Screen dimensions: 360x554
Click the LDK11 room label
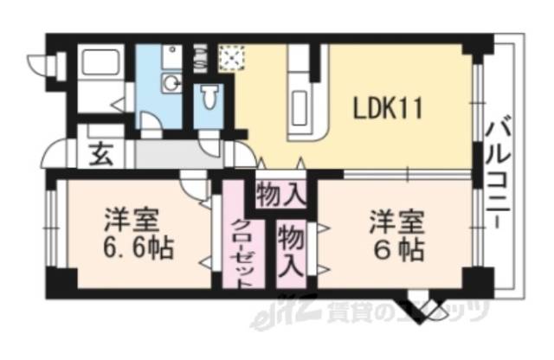385,109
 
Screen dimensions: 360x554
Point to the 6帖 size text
398,250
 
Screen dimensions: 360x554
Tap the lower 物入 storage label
291,249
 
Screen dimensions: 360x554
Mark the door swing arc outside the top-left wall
41,62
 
